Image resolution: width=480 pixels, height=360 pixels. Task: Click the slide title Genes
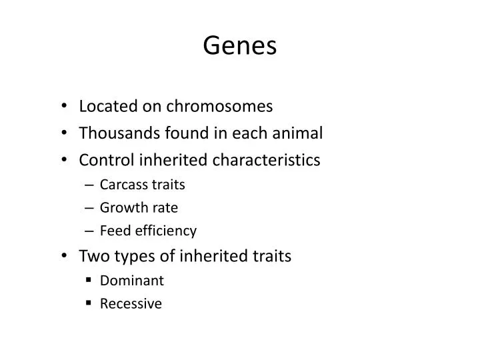(240, 45)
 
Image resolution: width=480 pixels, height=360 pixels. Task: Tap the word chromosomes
(221, 106)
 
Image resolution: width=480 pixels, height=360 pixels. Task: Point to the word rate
(166, 208)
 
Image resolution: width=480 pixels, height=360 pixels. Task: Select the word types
(127, 257)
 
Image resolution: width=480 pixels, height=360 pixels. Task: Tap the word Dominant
(131, 281)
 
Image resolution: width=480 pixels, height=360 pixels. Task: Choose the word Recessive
(131, 304)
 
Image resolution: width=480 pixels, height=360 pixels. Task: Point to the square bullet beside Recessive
(88, 304)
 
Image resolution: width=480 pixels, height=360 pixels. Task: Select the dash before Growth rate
(89, 208)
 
